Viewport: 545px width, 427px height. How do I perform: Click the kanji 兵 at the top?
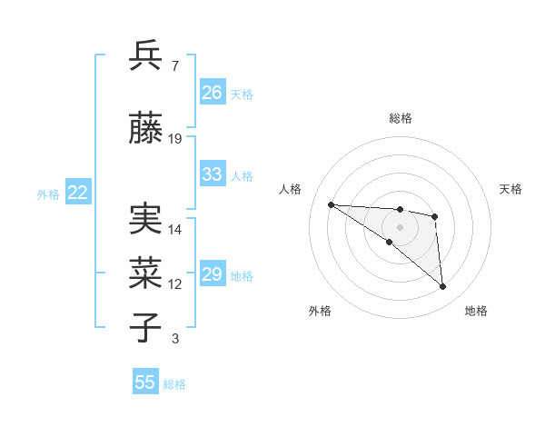145,55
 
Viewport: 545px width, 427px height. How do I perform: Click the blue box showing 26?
213,93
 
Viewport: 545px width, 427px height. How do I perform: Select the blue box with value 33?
213,174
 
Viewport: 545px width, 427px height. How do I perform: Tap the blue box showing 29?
213,274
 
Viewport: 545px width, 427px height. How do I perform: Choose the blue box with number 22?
77,193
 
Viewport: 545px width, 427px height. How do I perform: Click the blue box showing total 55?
145,382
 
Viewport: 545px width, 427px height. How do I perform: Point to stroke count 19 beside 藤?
175,139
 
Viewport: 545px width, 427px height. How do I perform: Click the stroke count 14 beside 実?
175,230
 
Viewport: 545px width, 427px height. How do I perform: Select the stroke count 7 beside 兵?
174,65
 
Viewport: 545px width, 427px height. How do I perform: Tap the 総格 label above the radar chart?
400,118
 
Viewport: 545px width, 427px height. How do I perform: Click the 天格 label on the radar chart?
510,189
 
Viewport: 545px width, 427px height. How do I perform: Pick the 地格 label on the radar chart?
476,311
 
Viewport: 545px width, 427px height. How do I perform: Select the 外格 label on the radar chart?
320,311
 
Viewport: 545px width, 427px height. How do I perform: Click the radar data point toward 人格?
331,204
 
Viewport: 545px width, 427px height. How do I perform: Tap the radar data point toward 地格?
442,287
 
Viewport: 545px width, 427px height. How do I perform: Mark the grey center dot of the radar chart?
400,226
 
